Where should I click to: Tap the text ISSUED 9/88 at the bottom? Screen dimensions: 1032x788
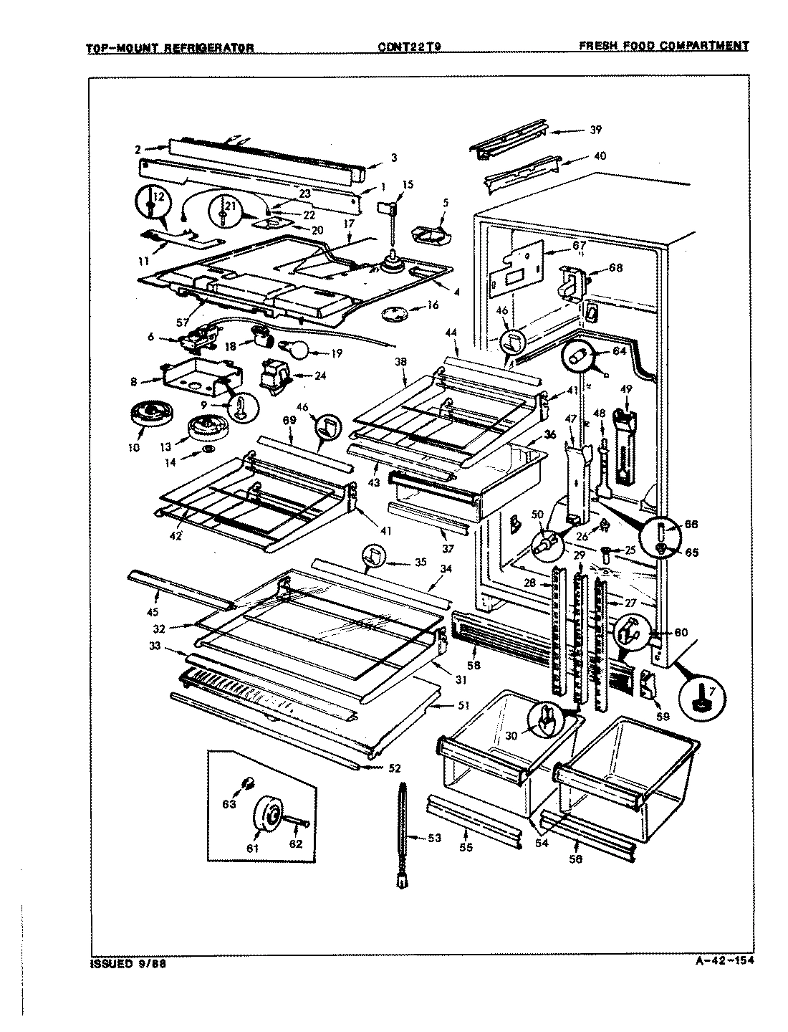coord(122,963)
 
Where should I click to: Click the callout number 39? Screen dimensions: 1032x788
coord(596,130)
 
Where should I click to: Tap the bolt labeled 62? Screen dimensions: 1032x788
coord(295,825)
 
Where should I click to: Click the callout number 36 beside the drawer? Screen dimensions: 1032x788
coord(549,434)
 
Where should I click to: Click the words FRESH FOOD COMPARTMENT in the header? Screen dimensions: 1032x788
coord(663,46)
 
